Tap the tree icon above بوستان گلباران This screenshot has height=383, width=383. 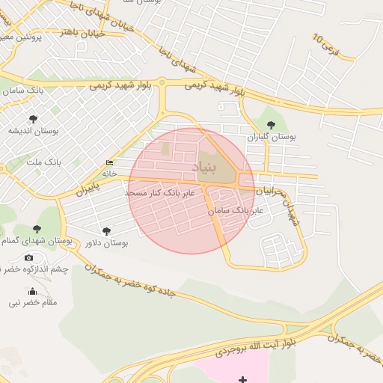pyautogui.click(x=271, y=126)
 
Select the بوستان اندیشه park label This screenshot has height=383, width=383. pyautogui.click(x=28, y=131)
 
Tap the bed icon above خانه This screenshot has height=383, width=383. pyautogui.click(x=110, y=162)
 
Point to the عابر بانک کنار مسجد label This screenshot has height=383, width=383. pyautogui.click(x=159, y=193)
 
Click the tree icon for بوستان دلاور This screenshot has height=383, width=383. pyautogui.click(x=107, y=231)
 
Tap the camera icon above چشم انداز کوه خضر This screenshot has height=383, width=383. pyautogui.click(x=28, y=258)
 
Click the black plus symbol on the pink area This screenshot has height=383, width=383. pyautogui.click(x=242, y=379)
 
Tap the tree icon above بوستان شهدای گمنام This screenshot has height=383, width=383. pyautogui.click(x=37, y=230)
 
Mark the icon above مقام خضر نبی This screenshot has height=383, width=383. pyautogui.click(x=31, y=292)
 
